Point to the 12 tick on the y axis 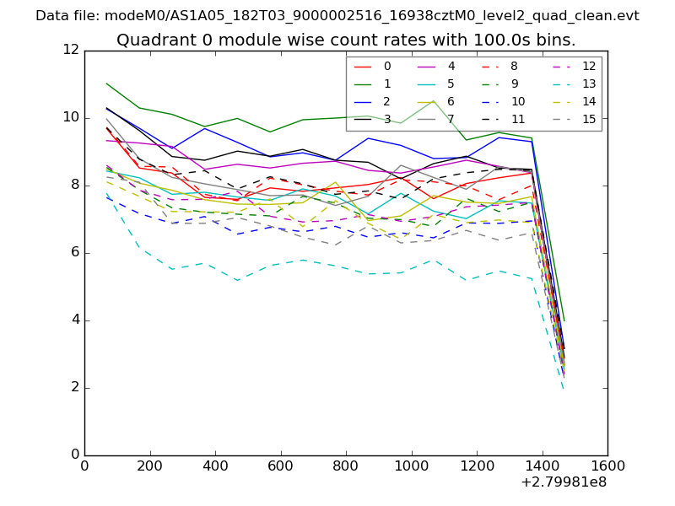click(72, 51)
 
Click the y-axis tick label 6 click(76, 253)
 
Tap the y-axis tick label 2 click(76, 388)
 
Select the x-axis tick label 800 click(346, 465)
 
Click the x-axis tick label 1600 click(607, 465)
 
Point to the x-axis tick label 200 click(150, 465)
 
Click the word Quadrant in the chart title click(148, 40)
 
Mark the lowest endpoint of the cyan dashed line click(563, 388)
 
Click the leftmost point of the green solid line click(106, 83)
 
